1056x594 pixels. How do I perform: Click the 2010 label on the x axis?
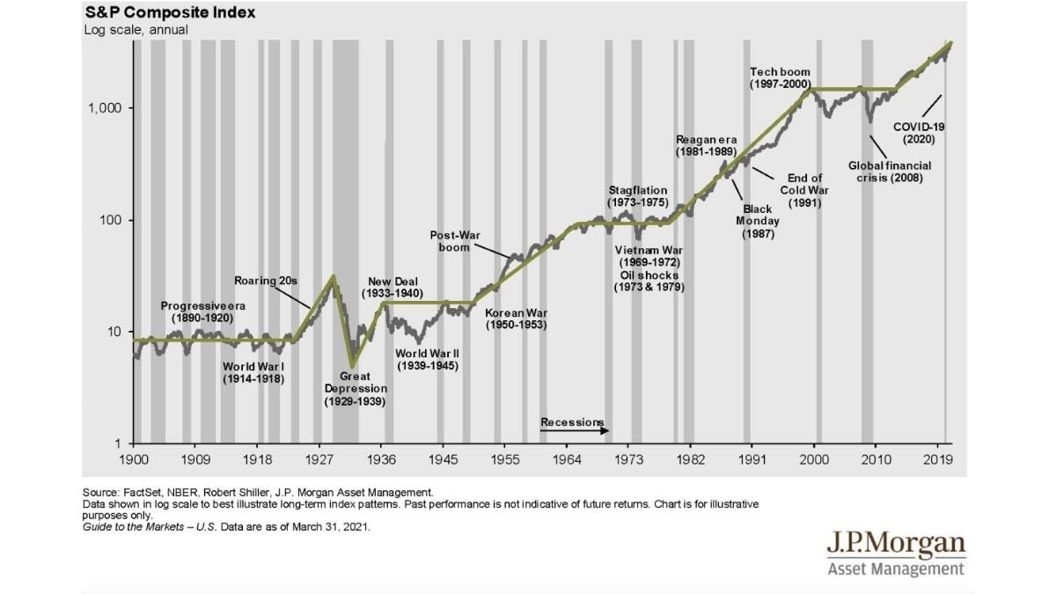click(875, 458)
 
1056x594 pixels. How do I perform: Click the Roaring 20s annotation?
click(266, 281)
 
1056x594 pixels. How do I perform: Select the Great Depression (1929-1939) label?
click(355, 388)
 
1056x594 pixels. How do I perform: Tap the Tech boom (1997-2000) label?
click(780, 77)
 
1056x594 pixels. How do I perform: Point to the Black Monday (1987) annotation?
click(757, 222)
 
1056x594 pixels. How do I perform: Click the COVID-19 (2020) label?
click(918, 133)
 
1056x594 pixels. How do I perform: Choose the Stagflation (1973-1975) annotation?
click(638, 196)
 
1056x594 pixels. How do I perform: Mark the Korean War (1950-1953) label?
click(517, 319)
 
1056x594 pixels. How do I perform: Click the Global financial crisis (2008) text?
click(890, 172)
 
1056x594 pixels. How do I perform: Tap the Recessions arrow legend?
click(573, 423)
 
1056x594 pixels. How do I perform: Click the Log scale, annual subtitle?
click(136, 30)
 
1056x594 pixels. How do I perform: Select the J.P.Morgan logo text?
click(896, 545)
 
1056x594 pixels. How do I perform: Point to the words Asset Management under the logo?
click(896, 568)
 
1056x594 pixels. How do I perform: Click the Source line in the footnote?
click(258, 492)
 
